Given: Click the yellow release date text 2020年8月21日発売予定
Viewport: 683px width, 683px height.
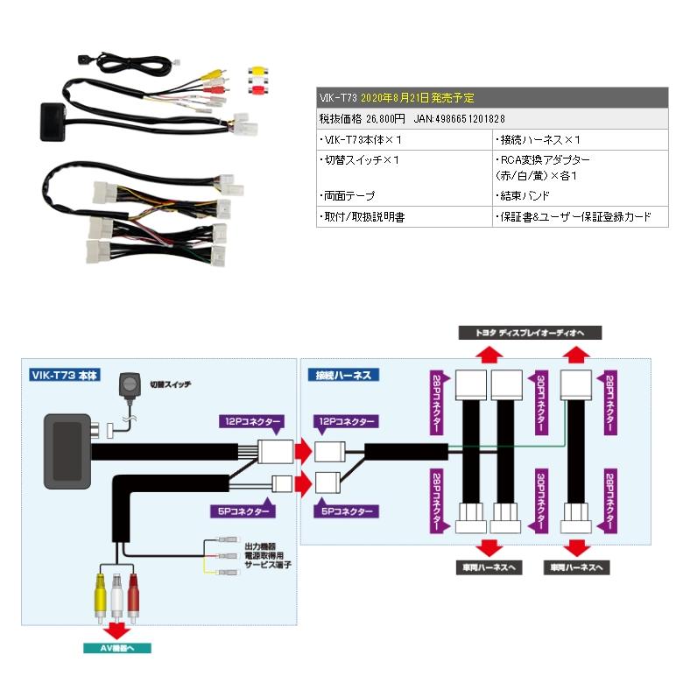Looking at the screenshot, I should point(417,98).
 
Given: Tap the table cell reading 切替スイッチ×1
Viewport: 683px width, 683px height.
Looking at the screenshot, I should point(360,160).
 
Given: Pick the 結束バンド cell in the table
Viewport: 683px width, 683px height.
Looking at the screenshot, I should point(525,196).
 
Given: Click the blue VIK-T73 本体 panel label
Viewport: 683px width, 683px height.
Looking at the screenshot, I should point(66,375).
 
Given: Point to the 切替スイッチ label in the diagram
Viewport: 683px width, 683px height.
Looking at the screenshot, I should point(170,384).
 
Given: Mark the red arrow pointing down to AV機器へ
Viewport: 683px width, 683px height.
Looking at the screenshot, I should point(113,630).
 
